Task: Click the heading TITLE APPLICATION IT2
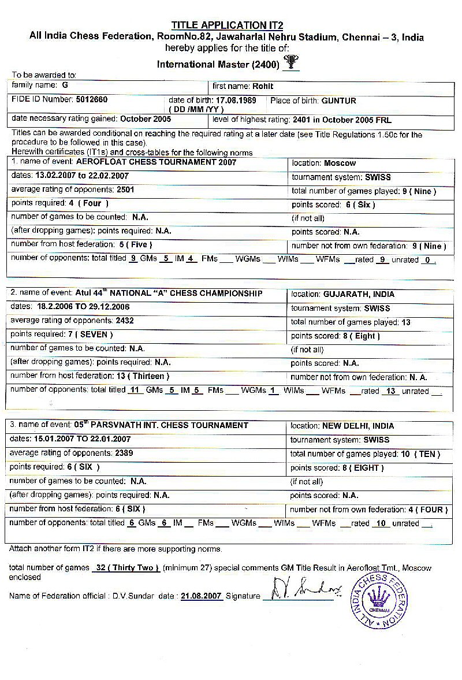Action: (226, 25)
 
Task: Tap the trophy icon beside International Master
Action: (291, 62)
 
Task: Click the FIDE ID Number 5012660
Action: (92, 100)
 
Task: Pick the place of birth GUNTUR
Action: (338, 101)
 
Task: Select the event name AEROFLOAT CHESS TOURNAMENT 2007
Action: (156, 163)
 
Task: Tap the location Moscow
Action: (340, 164)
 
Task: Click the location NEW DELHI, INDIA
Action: (358, 426)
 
